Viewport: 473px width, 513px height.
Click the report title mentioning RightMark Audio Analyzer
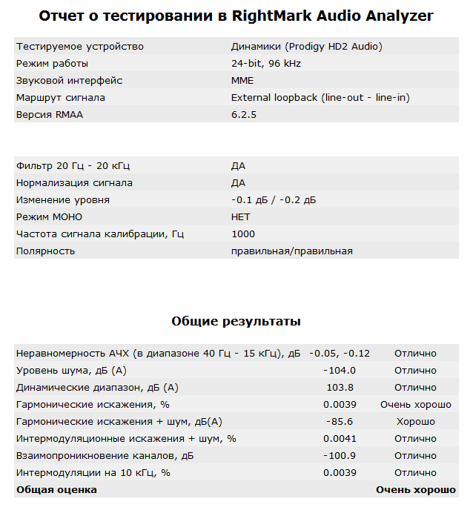tap(236, 16)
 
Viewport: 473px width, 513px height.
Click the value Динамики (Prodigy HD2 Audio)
tap(306, 47)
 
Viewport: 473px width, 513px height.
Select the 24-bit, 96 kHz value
tap(265, 64)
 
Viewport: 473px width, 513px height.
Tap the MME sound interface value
tap(242, 81)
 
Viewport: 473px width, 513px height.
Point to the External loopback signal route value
tap(320, 98)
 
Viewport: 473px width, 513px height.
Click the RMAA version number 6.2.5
tap(243, 115)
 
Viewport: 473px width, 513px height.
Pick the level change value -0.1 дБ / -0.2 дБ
tap(274, 200)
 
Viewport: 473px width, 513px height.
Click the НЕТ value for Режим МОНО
tap(241, 217)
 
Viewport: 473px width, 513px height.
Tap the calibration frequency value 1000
tap(243, 234)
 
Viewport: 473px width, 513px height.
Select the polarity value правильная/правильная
tap(291, 251)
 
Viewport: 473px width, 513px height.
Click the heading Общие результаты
tap(236, 322)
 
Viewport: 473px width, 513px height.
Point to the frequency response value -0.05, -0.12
tap(340, 354)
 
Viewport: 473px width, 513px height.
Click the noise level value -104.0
tap(340, 371)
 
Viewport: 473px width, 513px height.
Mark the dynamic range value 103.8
tap(340, 388)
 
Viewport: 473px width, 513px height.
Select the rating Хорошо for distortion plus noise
tap(415, 422)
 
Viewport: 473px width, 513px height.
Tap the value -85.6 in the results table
tap(340, 422)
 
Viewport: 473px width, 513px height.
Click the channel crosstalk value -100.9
tap(340, 456)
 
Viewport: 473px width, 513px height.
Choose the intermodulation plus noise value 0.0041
tap(340, 439)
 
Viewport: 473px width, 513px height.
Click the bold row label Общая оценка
tap(56, 490)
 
